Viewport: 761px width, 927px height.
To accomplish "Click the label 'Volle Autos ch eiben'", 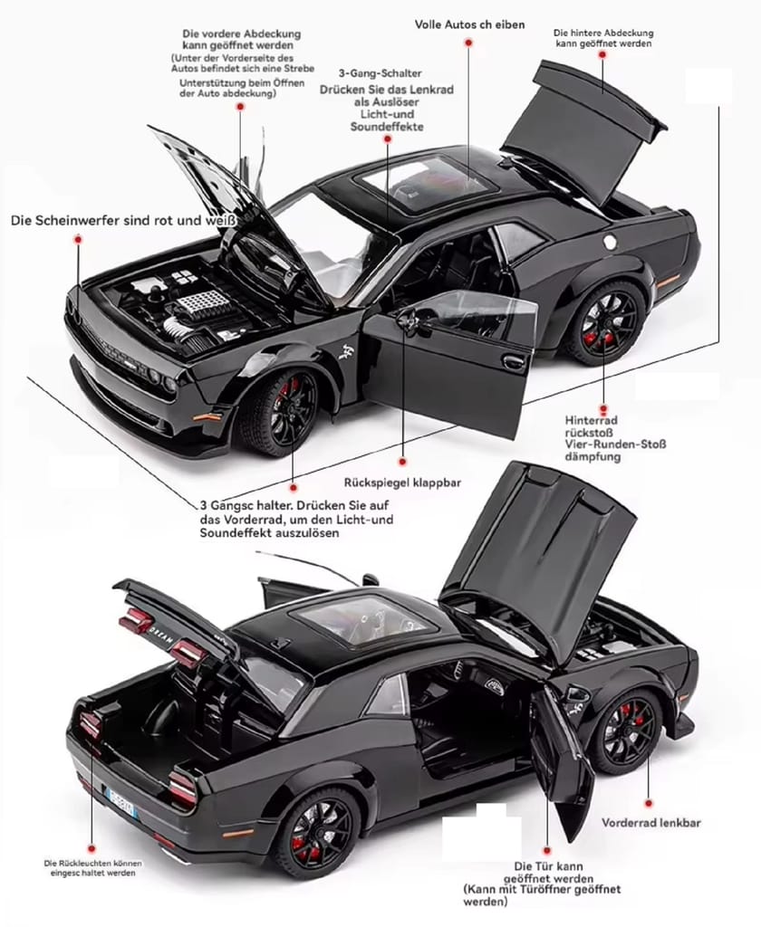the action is [x=469, y=24].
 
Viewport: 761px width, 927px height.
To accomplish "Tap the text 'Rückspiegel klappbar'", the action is [x=402, y=483].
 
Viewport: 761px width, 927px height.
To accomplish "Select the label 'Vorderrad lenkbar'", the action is [x=651, y=822].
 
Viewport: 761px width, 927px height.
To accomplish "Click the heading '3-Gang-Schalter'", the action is [x=380, y=73].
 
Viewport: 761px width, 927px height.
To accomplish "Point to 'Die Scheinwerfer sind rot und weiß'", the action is [x=123, y=221].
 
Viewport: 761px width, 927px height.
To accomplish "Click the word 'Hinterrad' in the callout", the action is [x=591, y=420].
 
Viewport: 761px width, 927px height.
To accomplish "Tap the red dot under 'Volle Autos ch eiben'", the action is [x=468, y=43].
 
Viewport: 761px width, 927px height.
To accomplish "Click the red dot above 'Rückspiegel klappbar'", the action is [x=402, y=461].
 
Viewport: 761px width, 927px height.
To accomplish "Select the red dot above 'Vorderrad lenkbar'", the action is [x=649, y=804].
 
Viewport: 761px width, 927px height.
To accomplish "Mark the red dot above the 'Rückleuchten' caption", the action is [x=92, y=848].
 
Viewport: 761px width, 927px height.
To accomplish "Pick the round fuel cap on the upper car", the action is [x=610, y=241].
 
